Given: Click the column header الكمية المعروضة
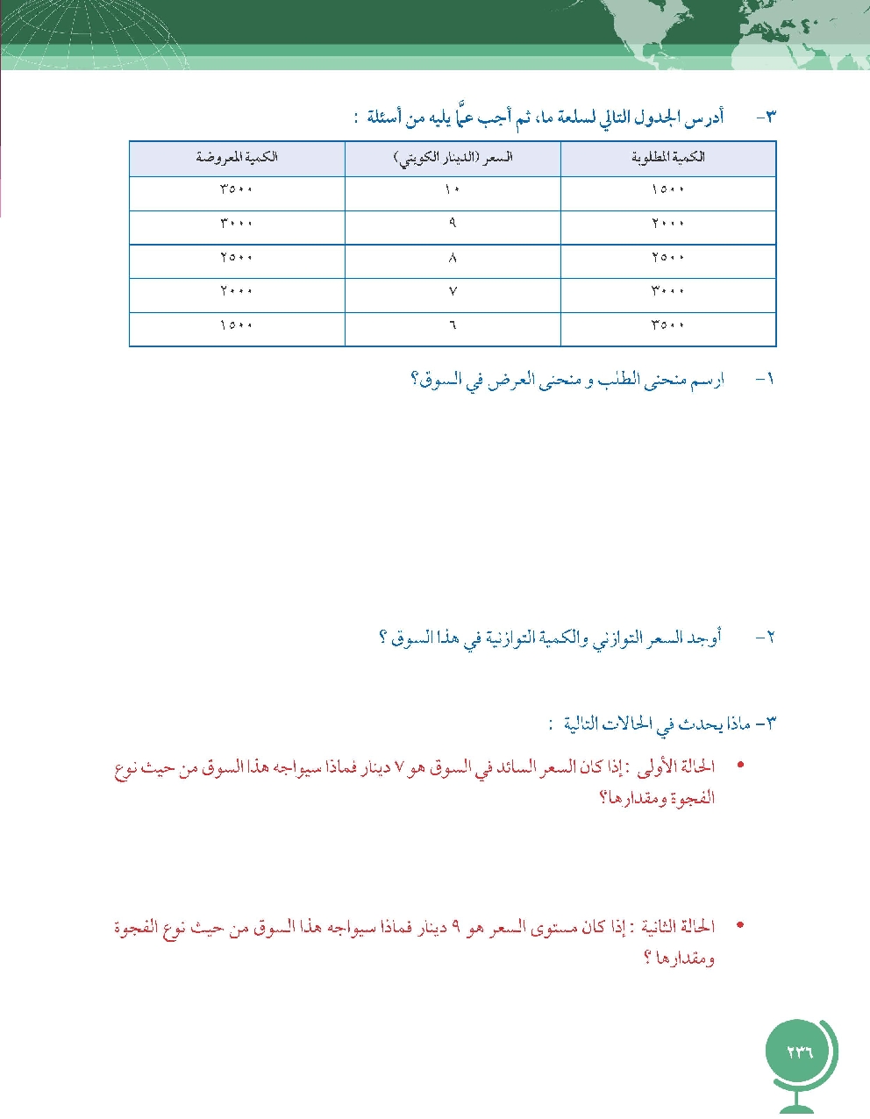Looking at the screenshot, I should pyautogui.click(x=237, y=158).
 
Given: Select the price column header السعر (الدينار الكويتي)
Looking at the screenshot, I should pyautogui.click(x=453, y=158).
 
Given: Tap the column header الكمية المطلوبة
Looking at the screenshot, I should pyautogui.click(x=668, y=158).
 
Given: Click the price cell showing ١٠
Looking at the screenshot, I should pyautogui.click(x=453, y=189).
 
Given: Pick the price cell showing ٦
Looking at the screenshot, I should pyautogui.click(x=453, y=325).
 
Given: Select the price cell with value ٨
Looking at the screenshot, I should pyautogui.click(x=453, y=258).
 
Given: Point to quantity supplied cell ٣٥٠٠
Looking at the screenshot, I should pyautogui.click(x=237, y=189).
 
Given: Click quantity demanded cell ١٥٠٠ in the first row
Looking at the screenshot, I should pyautogui.click(x=668, y=189).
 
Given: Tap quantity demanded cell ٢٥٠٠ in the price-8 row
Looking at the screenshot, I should pyautogui.click(x=668, y=258).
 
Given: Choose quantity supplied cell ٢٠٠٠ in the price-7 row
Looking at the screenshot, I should pyautogui.click(x=237, y=291).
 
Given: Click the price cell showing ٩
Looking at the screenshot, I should pyautogui.click(x=453, y=223).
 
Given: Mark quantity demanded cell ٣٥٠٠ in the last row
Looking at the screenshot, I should pyautogui.click(x=668, y=325).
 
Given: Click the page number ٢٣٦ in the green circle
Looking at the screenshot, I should pyautogui.click(x=800, y=1052).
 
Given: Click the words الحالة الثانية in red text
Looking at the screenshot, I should pyautogui.click(x=677, y=927).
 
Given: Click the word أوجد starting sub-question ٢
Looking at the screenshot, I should pyautogui.click(x=702, y=638).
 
